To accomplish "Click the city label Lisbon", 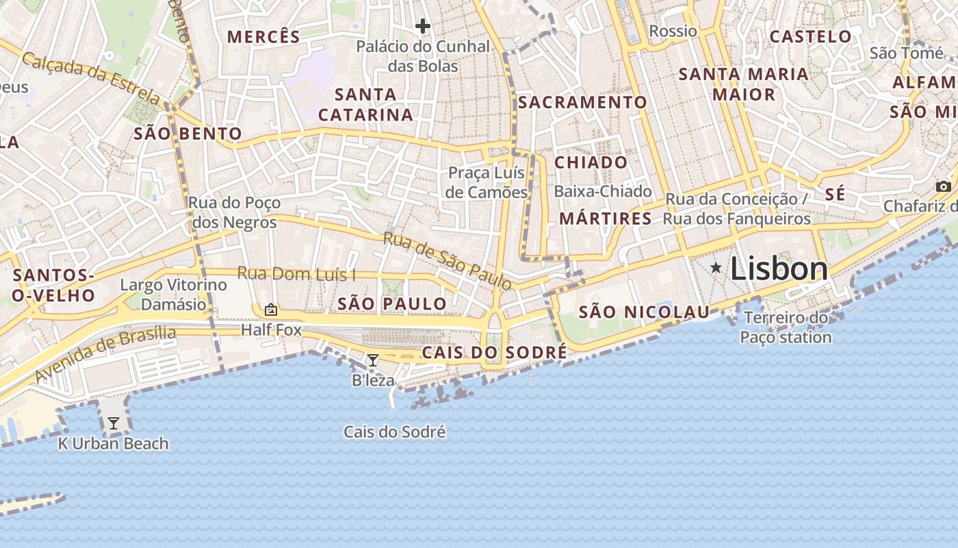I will pyautogui.click(x=779, y=269).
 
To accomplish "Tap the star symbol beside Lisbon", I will pyautogui.click(x=716, y=267).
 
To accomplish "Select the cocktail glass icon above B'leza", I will pyautogui.click(x=373, y=360).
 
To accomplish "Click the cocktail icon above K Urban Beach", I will pyautogui.click(x=114, y=423).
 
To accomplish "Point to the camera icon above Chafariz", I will pyautogui.click(x=944, y=186).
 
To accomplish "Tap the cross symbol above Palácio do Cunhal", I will pyautogui.click(x=423, y=27).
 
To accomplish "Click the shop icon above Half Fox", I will pyautogui.click(x=271, y=310).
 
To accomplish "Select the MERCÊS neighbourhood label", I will pyautogui.click(x=263, y=37).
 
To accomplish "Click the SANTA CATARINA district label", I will pyautogui.click(x=365, y=104).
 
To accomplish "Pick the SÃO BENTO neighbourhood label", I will pyautogui.click(x=188, y=134).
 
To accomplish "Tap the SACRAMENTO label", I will pyautogui.click(x=582, y=103).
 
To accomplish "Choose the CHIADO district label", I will pyautogui.click(x=591, y=162).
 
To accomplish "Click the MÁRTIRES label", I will pyautogui.click(x=606, y=219).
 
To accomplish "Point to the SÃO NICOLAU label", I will pyautogui.click(x=644, y=313).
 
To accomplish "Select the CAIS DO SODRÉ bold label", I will pyautogui.click(x=494, y=353).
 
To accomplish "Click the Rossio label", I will pyautogui.click(x=673, y=32).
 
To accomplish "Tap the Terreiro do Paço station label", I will pyautogui.click(x=786, y=327).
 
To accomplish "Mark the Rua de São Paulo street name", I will pyautogui.click(x=448, y=260).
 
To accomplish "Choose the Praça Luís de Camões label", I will pyautogui.click(x=487, y=182).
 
